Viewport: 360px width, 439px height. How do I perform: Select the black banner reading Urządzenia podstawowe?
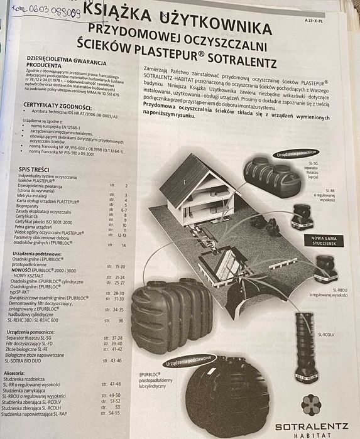pyautogui.click(x=190, y=364)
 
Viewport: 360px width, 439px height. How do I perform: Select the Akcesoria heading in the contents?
pyautogui.click(x=15, y=372)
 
